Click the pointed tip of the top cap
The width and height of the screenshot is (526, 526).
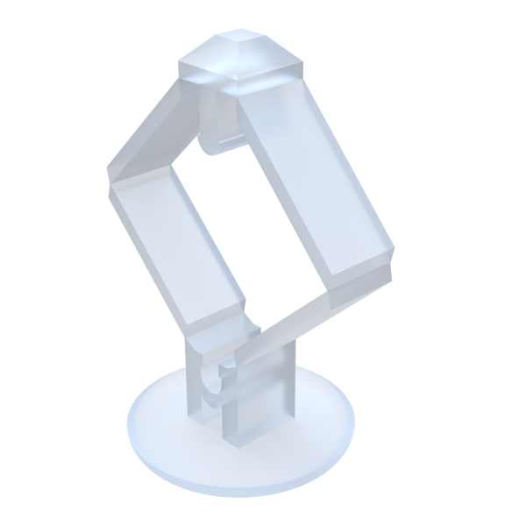point(237,39)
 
